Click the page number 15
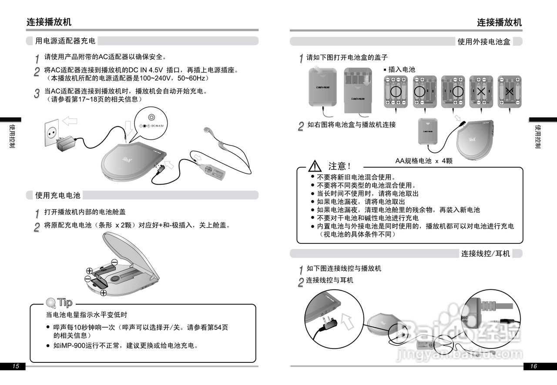click(16, 366)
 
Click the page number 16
click(534, 366)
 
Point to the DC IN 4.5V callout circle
click(151, 121)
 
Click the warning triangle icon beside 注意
click(315, 166)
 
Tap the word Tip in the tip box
click(64, 302)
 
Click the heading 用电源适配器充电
click(65, 41)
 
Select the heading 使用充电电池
click(58, 196)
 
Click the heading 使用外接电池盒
click(483, 41)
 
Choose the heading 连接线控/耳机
click(485, 253)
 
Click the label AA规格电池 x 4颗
click(423, 161)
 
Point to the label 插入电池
click(401, 70)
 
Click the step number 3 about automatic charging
click(37, 93)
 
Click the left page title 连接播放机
click(49, 22)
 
